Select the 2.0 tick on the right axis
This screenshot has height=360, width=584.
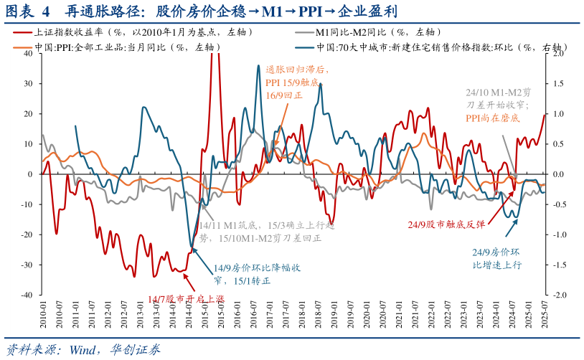(559, 54)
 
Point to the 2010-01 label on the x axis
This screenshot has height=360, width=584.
(44, 315)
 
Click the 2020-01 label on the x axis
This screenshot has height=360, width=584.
(366, 315)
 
